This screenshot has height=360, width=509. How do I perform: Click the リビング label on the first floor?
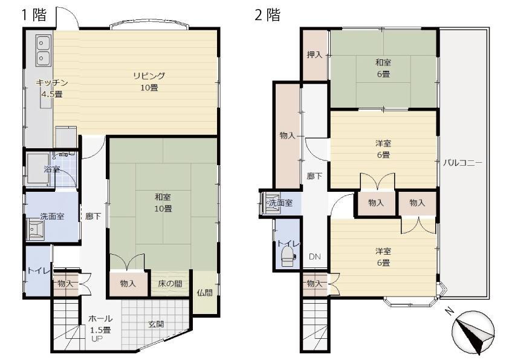pos(149,76)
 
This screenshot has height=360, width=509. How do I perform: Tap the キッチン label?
pos(51,82)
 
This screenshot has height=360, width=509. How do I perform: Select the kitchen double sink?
pos(44,50)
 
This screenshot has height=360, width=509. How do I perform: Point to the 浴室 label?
pos(52,169)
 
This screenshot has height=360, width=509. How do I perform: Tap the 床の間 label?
pos(170,284)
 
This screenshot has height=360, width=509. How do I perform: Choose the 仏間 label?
pos(204,293)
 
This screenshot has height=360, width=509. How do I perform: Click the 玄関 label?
pos(156,324)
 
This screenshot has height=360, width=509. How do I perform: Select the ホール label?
pos(100,318)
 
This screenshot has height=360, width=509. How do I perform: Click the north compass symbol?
pos(473,332)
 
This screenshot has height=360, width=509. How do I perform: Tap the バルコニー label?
pos(462,163)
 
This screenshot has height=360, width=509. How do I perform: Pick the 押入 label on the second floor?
pos(314,54)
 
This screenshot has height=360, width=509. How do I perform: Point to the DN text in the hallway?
pos(314,257)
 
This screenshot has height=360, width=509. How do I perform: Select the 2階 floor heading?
pos(267,15)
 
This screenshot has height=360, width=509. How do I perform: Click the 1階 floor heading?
pos(34,15)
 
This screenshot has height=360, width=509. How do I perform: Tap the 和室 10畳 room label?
pos(163,203)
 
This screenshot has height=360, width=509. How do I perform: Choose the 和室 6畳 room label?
pos(383,68)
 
